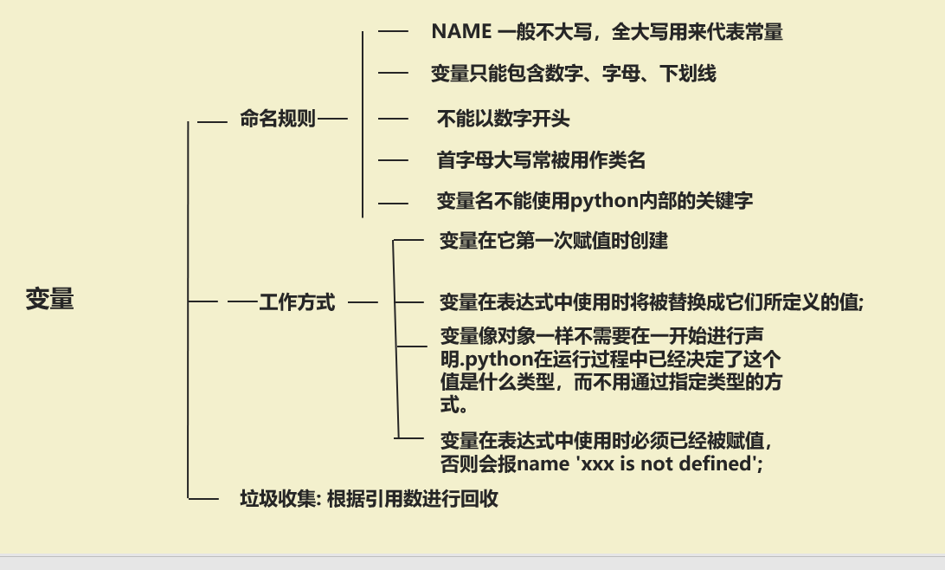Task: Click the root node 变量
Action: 49,299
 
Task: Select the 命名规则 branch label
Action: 278,119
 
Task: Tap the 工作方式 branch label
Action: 297,302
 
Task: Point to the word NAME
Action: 461,32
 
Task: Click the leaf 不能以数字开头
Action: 503,118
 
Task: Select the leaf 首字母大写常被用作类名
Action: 541,159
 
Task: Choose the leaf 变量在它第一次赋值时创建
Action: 554,240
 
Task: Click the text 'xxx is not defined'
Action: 657,463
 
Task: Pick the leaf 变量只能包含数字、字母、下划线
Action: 574,74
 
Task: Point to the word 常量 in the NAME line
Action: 764,32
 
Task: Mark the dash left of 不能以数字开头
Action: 393,118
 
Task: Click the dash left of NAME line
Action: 393,31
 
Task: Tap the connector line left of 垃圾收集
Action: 204,498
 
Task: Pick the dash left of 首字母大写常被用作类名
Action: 393,159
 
